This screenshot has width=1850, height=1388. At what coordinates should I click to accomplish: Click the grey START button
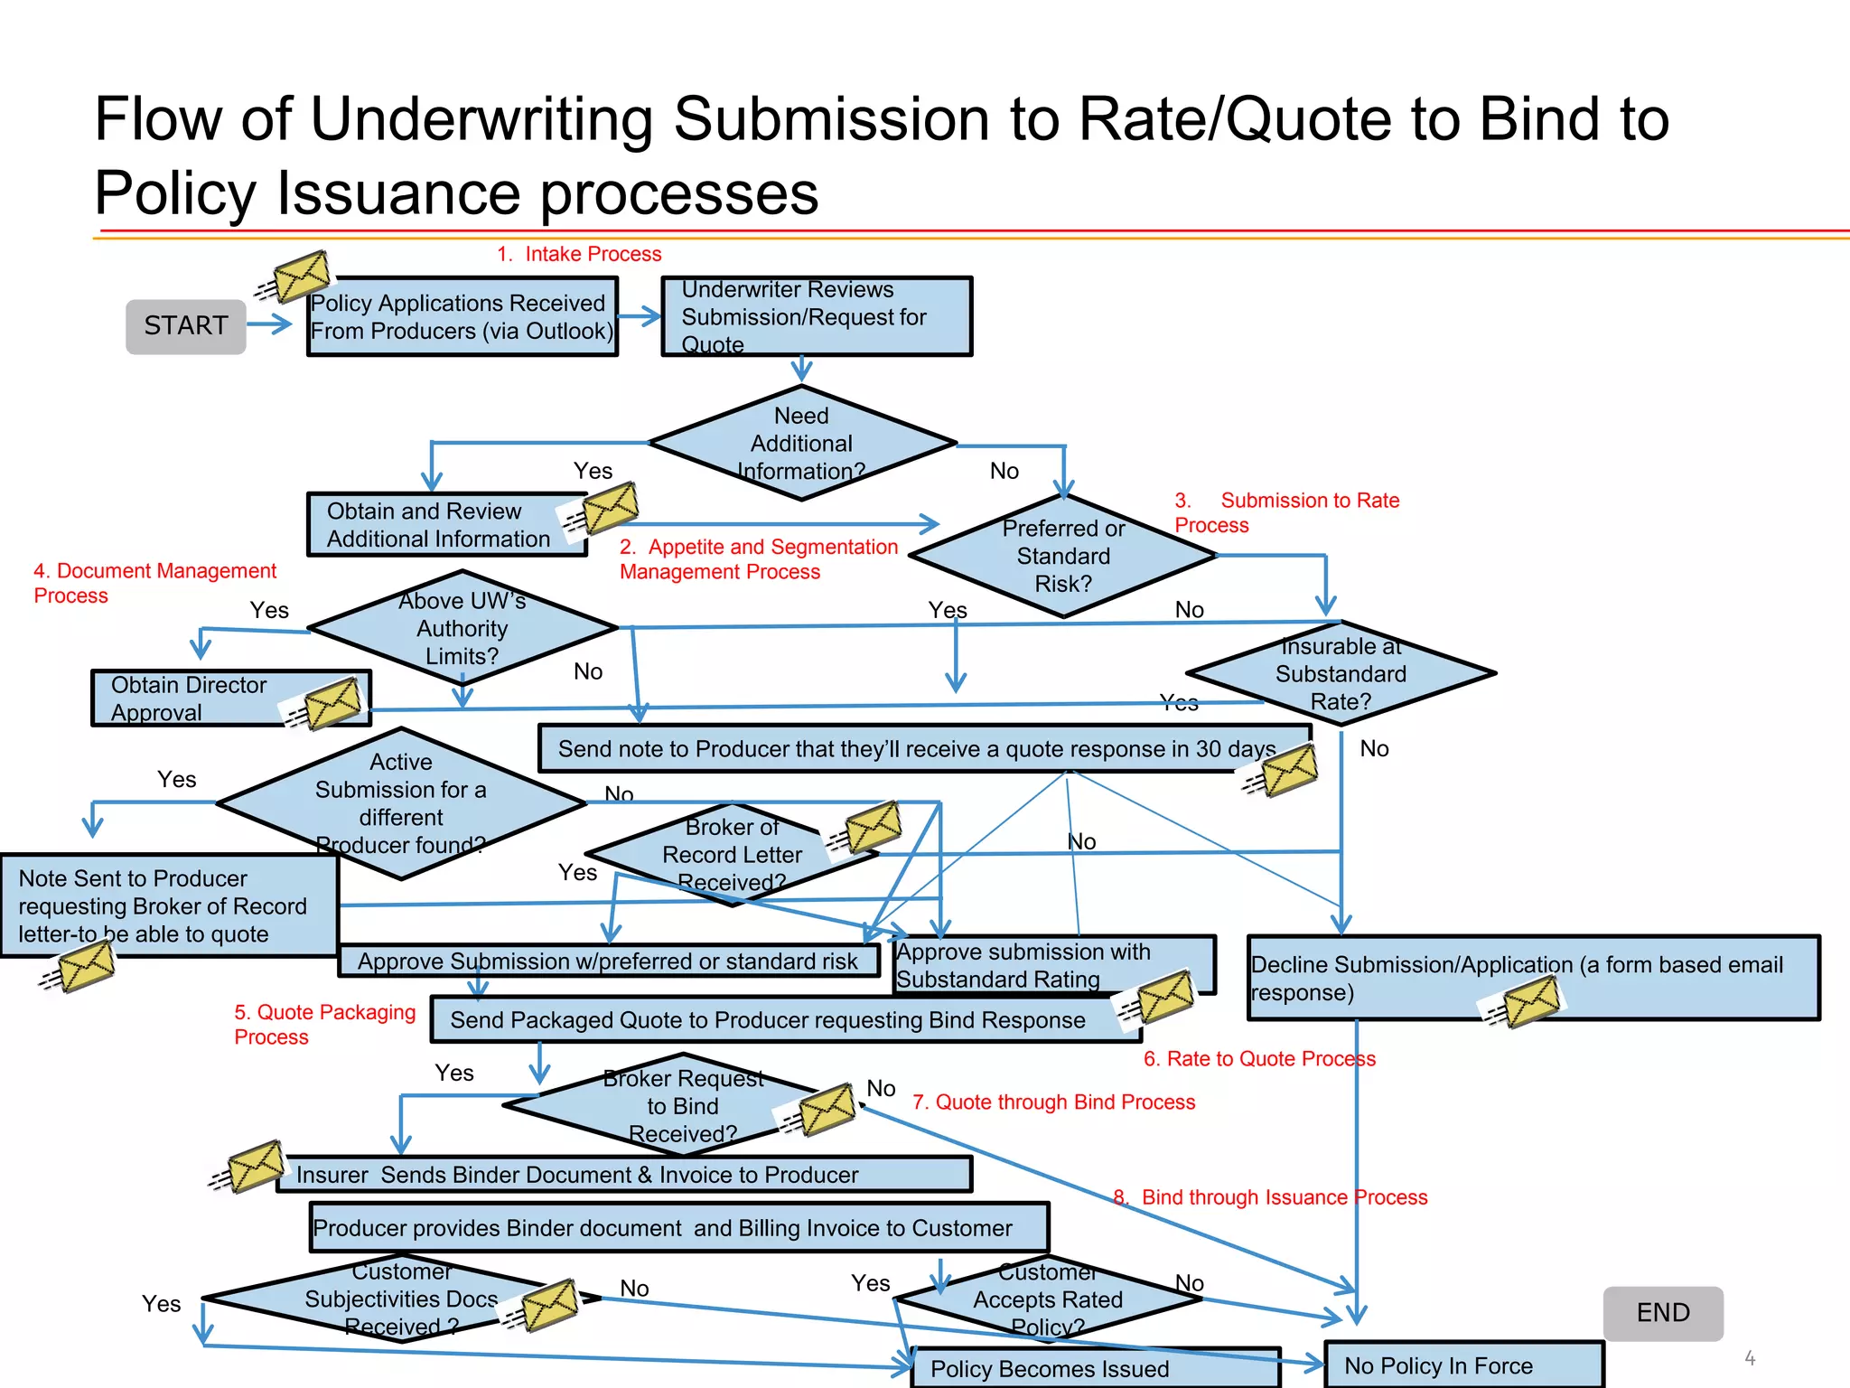pos(185,326)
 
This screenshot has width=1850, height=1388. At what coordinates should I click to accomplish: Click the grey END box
pos(1662,1312)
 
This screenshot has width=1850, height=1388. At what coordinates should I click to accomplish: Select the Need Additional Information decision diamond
pos(801,443)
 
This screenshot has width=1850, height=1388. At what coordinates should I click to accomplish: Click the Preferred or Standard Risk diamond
pos(1063,556)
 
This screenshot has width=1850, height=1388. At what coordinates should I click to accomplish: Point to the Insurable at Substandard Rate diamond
pos(1341,673)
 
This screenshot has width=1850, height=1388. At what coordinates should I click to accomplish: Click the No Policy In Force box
pos(1462,1365)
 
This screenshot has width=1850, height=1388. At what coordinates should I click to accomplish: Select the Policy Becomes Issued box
pos(1084,1368)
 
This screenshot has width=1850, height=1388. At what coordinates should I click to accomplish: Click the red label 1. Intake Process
pos(580,254)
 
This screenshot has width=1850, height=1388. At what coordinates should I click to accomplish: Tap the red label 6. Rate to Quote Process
pos(1259,1058)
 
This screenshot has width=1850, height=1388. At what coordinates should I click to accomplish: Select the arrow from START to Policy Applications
pos(269,324)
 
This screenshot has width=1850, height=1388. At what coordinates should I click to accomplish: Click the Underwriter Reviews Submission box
pos(816,316)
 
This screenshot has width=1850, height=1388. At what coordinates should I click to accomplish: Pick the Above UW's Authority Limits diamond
pos(462,628)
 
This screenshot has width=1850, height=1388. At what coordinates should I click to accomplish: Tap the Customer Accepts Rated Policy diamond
pos(1048,1299)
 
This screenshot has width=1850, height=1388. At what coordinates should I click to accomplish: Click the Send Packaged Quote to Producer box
pos(768,1020)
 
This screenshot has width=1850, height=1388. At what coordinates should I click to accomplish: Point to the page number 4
pos(1749,1358)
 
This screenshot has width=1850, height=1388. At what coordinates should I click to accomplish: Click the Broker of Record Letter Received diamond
pos(732,854)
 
